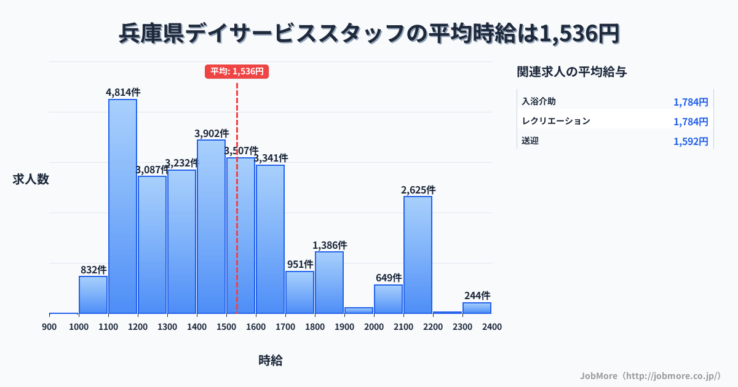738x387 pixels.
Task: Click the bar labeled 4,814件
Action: (x=123, y=206)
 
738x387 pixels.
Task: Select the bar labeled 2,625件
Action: (x=418, y=255)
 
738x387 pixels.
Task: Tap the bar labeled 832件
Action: (x=93, y=295)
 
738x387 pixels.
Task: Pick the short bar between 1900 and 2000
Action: (x=359, y=310)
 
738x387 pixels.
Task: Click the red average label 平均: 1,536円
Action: (x=237, y=71)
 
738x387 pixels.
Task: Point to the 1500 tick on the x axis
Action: (x=226, y=327)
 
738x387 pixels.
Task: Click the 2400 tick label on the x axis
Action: (x=492, y=327)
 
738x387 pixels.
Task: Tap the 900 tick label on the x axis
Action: (x=49, y=327)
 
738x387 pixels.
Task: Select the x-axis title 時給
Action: (x=271, y=361)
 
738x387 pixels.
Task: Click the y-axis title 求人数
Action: (x=31, y=179)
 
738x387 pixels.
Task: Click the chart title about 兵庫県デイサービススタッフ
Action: (x=369, y=33)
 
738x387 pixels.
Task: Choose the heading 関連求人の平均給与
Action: (x=572, y=72)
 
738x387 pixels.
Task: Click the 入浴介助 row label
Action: (x=539, y=101)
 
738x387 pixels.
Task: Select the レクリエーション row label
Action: (x=556, y=121)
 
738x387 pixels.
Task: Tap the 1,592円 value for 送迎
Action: (x=691, y=141)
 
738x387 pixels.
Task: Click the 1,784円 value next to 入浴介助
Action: (x=691, y=102)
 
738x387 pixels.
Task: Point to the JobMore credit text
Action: (x=651, y=375)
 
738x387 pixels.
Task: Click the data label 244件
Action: (x=477, y=295)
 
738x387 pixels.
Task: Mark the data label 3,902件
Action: (x=212, y=133)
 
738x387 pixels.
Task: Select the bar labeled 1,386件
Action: (x=329, y=283)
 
